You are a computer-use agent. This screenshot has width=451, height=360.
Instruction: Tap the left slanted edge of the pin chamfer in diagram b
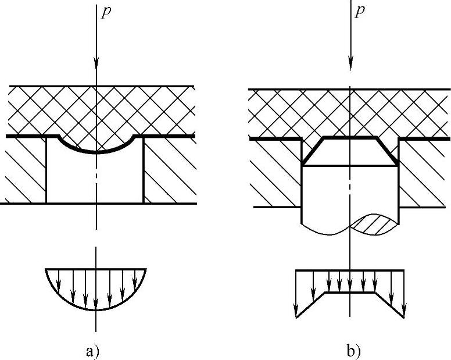click(312, 152)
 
